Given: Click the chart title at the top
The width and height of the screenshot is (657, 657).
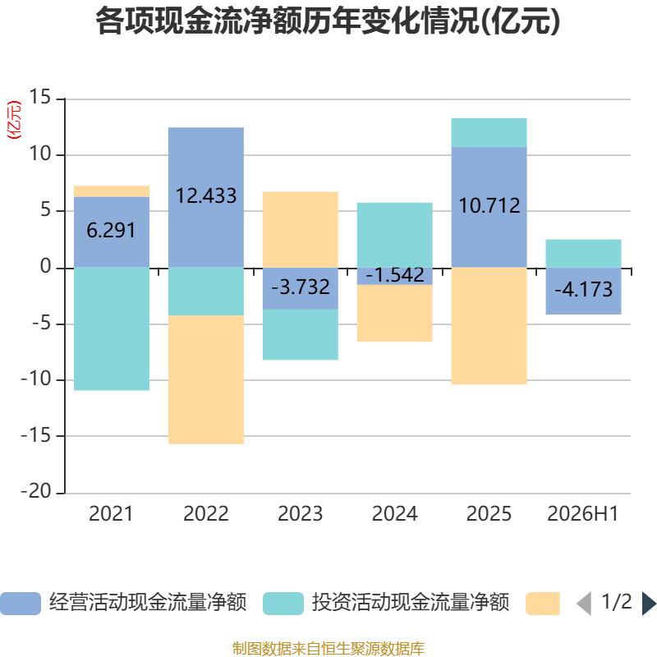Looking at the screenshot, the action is pyautogui.click(x=328, y=21).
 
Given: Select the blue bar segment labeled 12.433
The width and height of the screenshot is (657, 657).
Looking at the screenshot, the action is pyautogui.click(x=206, y=197).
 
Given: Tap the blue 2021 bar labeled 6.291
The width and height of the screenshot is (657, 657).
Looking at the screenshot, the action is pyautogui.click(x=112, y=232).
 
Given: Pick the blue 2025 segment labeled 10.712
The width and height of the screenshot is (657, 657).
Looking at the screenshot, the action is pyautogui.click(x=489, y=207).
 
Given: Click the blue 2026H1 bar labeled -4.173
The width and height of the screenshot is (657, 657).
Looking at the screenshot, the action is pyautogui.click(x=583, y=291).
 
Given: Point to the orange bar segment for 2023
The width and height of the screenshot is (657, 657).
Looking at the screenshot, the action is pyautogui.click(x=301, y=230).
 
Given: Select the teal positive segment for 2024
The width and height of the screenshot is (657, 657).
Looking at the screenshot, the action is pyautogui.click(x=395, y=235).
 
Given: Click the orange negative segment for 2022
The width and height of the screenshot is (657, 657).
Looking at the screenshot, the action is pyautogui.click(x=206, y=379).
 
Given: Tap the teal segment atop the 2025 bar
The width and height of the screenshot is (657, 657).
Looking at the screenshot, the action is pyautogui.click(x=489, y=132).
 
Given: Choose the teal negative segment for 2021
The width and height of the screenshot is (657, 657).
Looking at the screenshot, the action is pyautogui.click(x=112, y=329).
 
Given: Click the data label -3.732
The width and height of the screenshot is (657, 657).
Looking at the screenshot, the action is pyautogui.click(x=301, y=287).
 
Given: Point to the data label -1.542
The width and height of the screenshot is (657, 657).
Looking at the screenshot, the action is pyautogui.click(x=395, y=275).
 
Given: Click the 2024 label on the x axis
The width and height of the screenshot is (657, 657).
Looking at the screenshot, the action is pyautogui.click(x=395, y=514).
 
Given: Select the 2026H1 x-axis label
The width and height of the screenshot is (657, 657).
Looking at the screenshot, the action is pyautogui.click(x=583, y=514).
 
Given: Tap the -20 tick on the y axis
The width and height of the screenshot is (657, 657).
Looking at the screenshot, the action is pyautogui.click(x=36, y=490).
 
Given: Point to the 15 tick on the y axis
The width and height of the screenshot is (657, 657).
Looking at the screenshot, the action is pyautogui.click(x=39, y=97).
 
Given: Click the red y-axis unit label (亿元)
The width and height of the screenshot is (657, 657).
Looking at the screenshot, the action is pyautogui.click(x=13, y=120).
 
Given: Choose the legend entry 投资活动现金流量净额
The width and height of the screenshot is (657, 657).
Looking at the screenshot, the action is pyautogui.click(x=386, y=603).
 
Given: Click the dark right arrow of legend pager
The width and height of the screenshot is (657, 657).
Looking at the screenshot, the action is pyautogui.click(x=649, y=604).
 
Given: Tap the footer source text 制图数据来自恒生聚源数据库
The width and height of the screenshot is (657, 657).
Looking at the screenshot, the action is pyautogui.click(x=328, y=648).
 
